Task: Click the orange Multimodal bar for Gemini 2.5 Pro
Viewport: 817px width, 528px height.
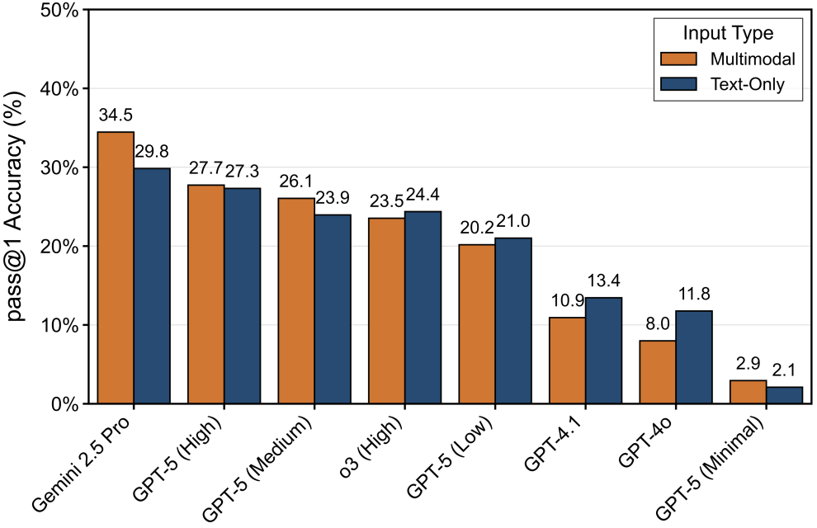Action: point(116,268)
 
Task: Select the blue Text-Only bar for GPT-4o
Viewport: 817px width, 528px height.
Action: point(694,357)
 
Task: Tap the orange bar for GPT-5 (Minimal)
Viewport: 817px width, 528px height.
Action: point(749,392)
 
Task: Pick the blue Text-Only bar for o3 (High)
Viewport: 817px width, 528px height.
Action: point(423,308)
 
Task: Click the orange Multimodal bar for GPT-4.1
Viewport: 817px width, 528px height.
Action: point(568,361)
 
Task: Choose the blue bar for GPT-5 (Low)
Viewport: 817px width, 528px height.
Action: point(513,321)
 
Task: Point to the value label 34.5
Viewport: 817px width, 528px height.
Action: point(116,115)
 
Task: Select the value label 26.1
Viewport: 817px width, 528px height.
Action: point(296,181)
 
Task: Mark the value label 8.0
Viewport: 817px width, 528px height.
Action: point(658,324)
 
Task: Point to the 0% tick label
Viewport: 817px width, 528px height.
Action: point(64,404)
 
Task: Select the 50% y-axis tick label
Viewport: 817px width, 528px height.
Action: point(59,10)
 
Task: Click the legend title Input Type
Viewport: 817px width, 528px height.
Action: point(728,34)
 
